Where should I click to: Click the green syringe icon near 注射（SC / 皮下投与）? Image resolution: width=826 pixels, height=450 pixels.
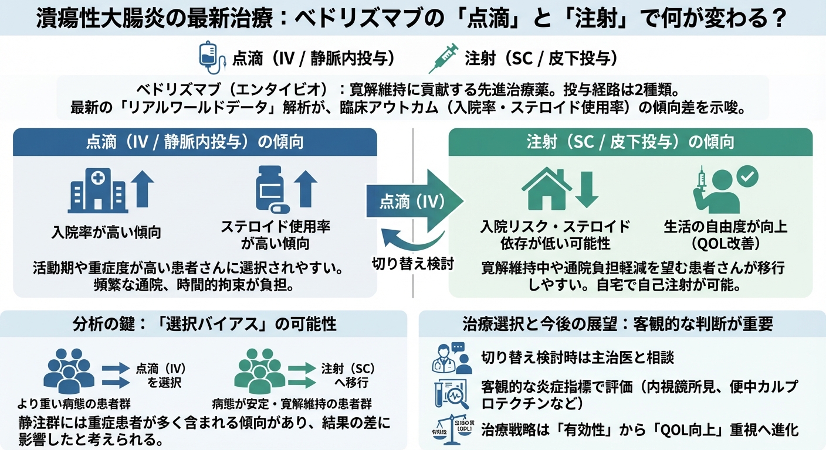(444, 58)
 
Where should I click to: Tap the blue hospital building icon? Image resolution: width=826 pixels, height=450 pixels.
(97, 190)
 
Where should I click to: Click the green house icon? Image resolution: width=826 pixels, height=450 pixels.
(546, 187)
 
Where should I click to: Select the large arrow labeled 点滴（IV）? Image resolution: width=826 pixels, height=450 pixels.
(414, 201)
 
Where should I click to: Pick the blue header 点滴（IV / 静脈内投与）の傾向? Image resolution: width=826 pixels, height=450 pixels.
(195, 142)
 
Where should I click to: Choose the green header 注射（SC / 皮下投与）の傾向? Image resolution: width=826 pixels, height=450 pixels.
(630, 142)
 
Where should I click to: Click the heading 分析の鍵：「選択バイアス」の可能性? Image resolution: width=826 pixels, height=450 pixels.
(205, 323)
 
